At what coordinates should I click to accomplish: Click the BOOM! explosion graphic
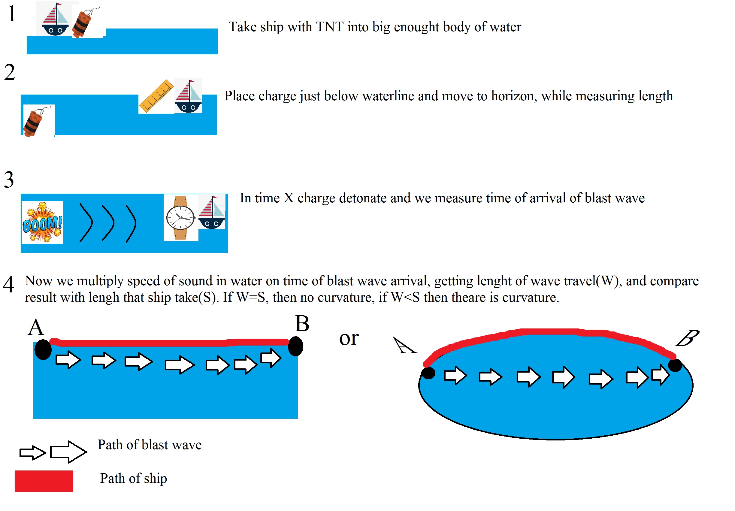click(x=43, y=222)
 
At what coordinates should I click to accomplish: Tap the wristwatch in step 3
click(x=180, y=218)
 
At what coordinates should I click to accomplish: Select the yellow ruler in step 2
click(x=156, y=96)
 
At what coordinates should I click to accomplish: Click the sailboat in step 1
click(x=55, y=19)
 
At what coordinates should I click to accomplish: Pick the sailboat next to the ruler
click(x=189, y=96)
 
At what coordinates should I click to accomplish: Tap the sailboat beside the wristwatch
click(x=212, y=212)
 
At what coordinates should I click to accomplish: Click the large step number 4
click(x=9, y=284)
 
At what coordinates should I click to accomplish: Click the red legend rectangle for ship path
click(x=44, y=481)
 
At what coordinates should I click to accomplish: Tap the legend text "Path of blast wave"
click(x=150, y=445)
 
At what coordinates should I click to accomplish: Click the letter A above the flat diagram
click(x=36, y=327)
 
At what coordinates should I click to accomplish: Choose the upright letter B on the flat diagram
click(x=302, y=323)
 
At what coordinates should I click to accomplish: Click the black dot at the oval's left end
click(x=428, y=373)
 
